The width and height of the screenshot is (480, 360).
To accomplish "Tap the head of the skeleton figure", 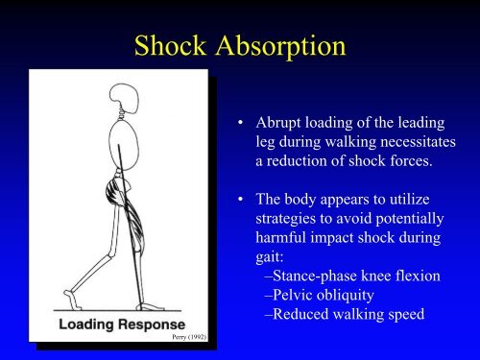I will pyautogui.click(x=125, y=98).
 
